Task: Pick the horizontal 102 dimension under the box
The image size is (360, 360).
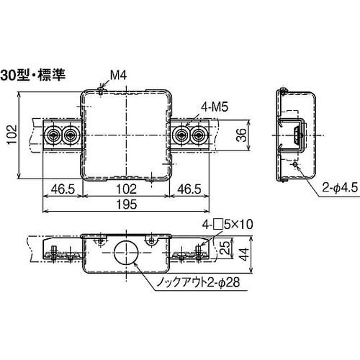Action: pos(127,190)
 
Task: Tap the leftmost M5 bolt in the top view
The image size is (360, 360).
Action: pos(53,135)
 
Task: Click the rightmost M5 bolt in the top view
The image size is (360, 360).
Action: pos(199,135)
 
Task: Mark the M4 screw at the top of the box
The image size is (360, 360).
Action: pos(100,91)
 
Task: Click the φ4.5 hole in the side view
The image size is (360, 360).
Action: pos(296,165)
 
